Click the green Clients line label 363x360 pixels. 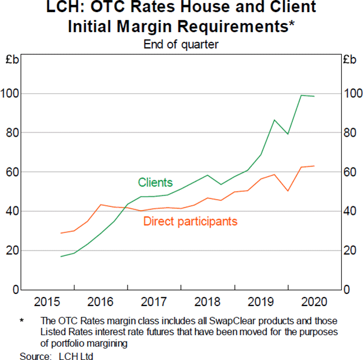pyautogui.click(x=155, y=182)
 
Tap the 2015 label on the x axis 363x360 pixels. pyautogui.click(x=47, y=301)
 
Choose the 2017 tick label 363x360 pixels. pyautogui.click(x=154, y=301)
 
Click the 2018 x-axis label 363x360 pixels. pyautogui.click(x=207, y=301)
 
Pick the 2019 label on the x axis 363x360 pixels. pyautogui.click(x=261, y=301)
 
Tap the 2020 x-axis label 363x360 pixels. pyautogui.click(x=314, y=301)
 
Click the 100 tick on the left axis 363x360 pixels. pyautogui.click(x=10, y=94)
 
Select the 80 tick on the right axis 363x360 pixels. pyautogui.click(x=351, y=133)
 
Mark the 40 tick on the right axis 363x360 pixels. pyautogui.click(x=351, y=212)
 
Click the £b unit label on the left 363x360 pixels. pyautogui.click(x=11, y=60)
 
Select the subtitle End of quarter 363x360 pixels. pyautogui.click(x=181, y=44)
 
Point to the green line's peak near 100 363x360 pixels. pyautogui.click(x=301, y=95)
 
